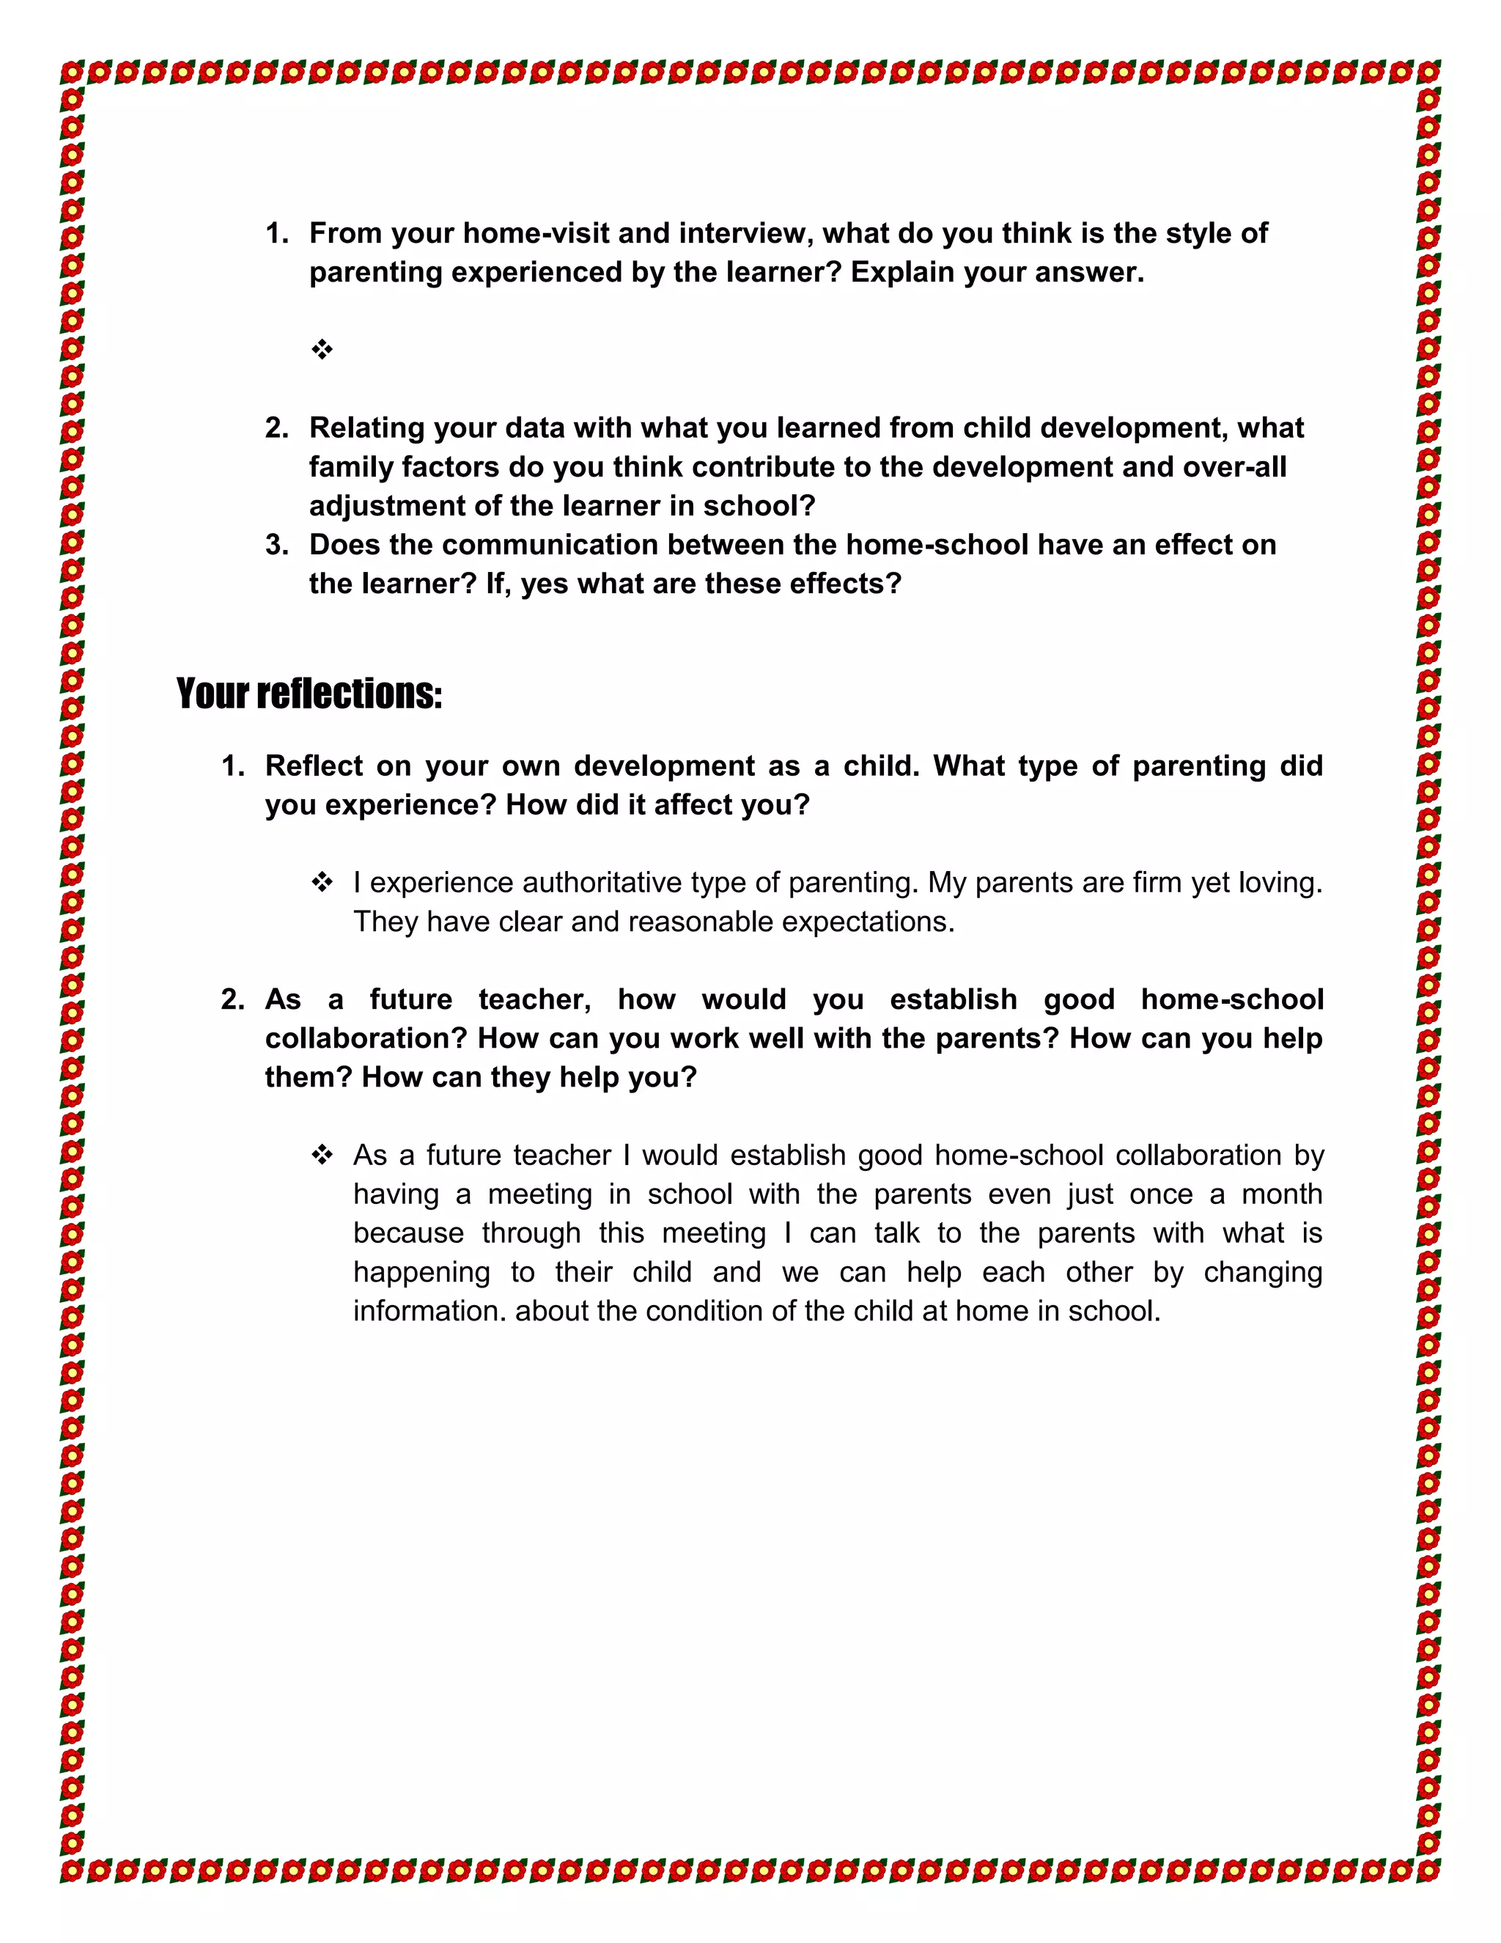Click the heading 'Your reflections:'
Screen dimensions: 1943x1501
(x=309, y=694)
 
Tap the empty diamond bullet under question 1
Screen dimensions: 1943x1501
(x=322, y=350)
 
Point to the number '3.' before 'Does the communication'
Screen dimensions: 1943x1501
(x=276, y=545)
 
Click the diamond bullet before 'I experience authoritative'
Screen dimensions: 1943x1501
(x=322, y=883)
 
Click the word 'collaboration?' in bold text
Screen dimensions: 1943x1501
(x=366, y=1038)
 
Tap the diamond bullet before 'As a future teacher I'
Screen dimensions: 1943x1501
(x=322, y=1156)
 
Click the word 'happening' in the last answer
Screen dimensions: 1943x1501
(x=421, y=1272)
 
